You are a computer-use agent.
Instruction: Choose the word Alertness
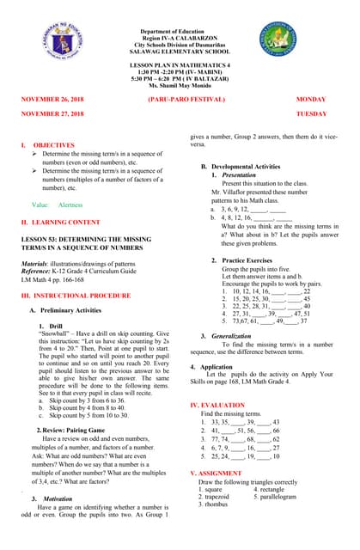(x=70, y=205)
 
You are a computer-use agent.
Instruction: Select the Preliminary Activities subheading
(x=78, y=310)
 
